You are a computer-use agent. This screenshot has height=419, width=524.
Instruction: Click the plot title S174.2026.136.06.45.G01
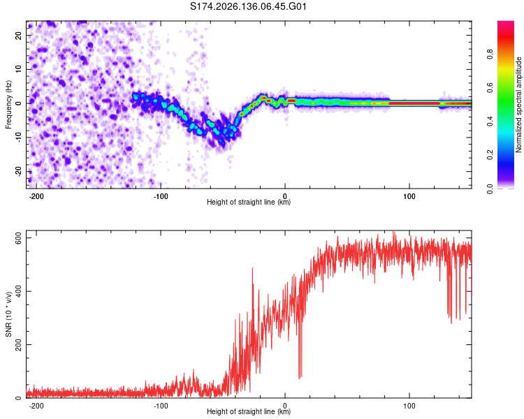pos(248,6)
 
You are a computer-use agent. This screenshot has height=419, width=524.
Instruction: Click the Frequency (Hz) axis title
pos(8,105)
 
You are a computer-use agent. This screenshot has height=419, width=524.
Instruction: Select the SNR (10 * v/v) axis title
pos(8,314)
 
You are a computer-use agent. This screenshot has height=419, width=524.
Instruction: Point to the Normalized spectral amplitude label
pos(518,105)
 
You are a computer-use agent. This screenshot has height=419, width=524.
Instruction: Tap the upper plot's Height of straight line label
pos(249,202)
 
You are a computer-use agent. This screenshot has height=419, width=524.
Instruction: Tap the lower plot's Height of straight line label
pos(249,411)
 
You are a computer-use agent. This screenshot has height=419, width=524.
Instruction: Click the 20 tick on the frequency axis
pos(18,36)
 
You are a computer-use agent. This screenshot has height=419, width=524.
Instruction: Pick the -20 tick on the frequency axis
pos(18,172)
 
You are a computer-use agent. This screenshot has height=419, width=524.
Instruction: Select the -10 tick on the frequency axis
pos(18,138)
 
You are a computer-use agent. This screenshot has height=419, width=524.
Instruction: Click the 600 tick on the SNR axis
pos(18,238)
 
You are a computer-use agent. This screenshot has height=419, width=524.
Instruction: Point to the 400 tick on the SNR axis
pos(18,291)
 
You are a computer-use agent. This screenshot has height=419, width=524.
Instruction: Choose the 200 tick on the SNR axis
pos(18,344)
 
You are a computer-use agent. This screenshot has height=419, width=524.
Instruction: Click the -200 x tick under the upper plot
pos(36,196)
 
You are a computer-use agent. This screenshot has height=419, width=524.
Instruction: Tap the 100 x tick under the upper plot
pos(409,196)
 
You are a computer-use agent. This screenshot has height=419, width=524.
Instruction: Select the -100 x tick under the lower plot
pos(161,406)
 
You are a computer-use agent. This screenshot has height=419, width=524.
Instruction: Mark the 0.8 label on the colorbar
pos(490,54)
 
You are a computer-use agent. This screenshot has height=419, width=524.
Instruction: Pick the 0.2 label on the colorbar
pos(490,155)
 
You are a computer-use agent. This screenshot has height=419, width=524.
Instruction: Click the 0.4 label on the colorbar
pos(490,122)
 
